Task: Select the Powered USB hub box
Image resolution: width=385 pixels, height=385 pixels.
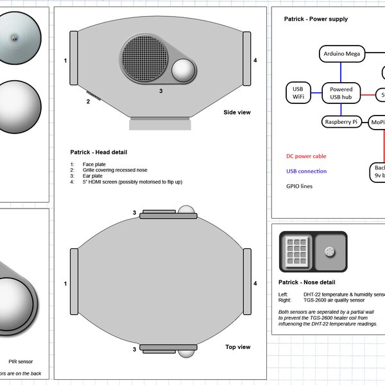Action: [341, 94]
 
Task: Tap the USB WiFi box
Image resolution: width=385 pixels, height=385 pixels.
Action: [298, 93]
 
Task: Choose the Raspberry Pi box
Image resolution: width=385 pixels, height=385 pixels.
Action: [342, 121]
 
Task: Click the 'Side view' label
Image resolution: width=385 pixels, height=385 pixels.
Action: [237, 112]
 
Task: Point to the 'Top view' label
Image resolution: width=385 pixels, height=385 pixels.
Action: [237, 347]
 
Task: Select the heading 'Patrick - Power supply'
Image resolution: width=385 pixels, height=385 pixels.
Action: [316, 19]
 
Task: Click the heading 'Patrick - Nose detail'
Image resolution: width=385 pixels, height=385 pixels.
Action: [307, 282]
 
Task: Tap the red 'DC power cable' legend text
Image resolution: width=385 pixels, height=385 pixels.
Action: [306, 156]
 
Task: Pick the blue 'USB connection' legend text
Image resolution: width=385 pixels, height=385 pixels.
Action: [306, 171]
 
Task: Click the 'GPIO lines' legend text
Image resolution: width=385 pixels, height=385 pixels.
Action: [300, 187]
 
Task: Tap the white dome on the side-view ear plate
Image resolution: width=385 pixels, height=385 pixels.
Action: [185, 70]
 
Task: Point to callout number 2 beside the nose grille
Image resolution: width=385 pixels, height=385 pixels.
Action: [88, 101]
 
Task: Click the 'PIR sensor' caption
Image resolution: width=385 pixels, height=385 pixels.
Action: [21, 361]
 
